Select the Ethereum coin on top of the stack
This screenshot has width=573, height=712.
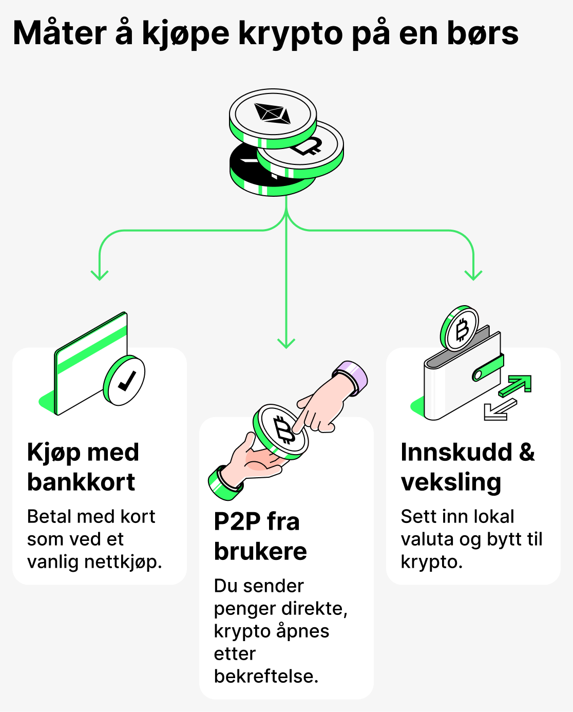pos(273,115)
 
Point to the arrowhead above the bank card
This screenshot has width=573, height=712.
pos(99,275)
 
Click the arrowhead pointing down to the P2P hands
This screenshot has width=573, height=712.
pos(286,343)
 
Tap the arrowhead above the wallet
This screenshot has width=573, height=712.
pos(473,275)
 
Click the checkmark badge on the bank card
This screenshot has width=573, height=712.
pos(124,381)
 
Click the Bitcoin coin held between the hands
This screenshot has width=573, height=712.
pos(281,430)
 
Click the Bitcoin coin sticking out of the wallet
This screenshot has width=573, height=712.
pos(460,329)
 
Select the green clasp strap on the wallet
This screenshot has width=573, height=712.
pos(488,368)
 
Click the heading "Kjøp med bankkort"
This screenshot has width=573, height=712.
pos(83,467)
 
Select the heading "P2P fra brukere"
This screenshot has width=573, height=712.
pos(260,536)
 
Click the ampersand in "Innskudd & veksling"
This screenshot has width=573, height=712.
pos(527,452)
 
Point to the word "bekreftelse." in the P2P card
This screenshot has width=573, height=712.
pos(266,676)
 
